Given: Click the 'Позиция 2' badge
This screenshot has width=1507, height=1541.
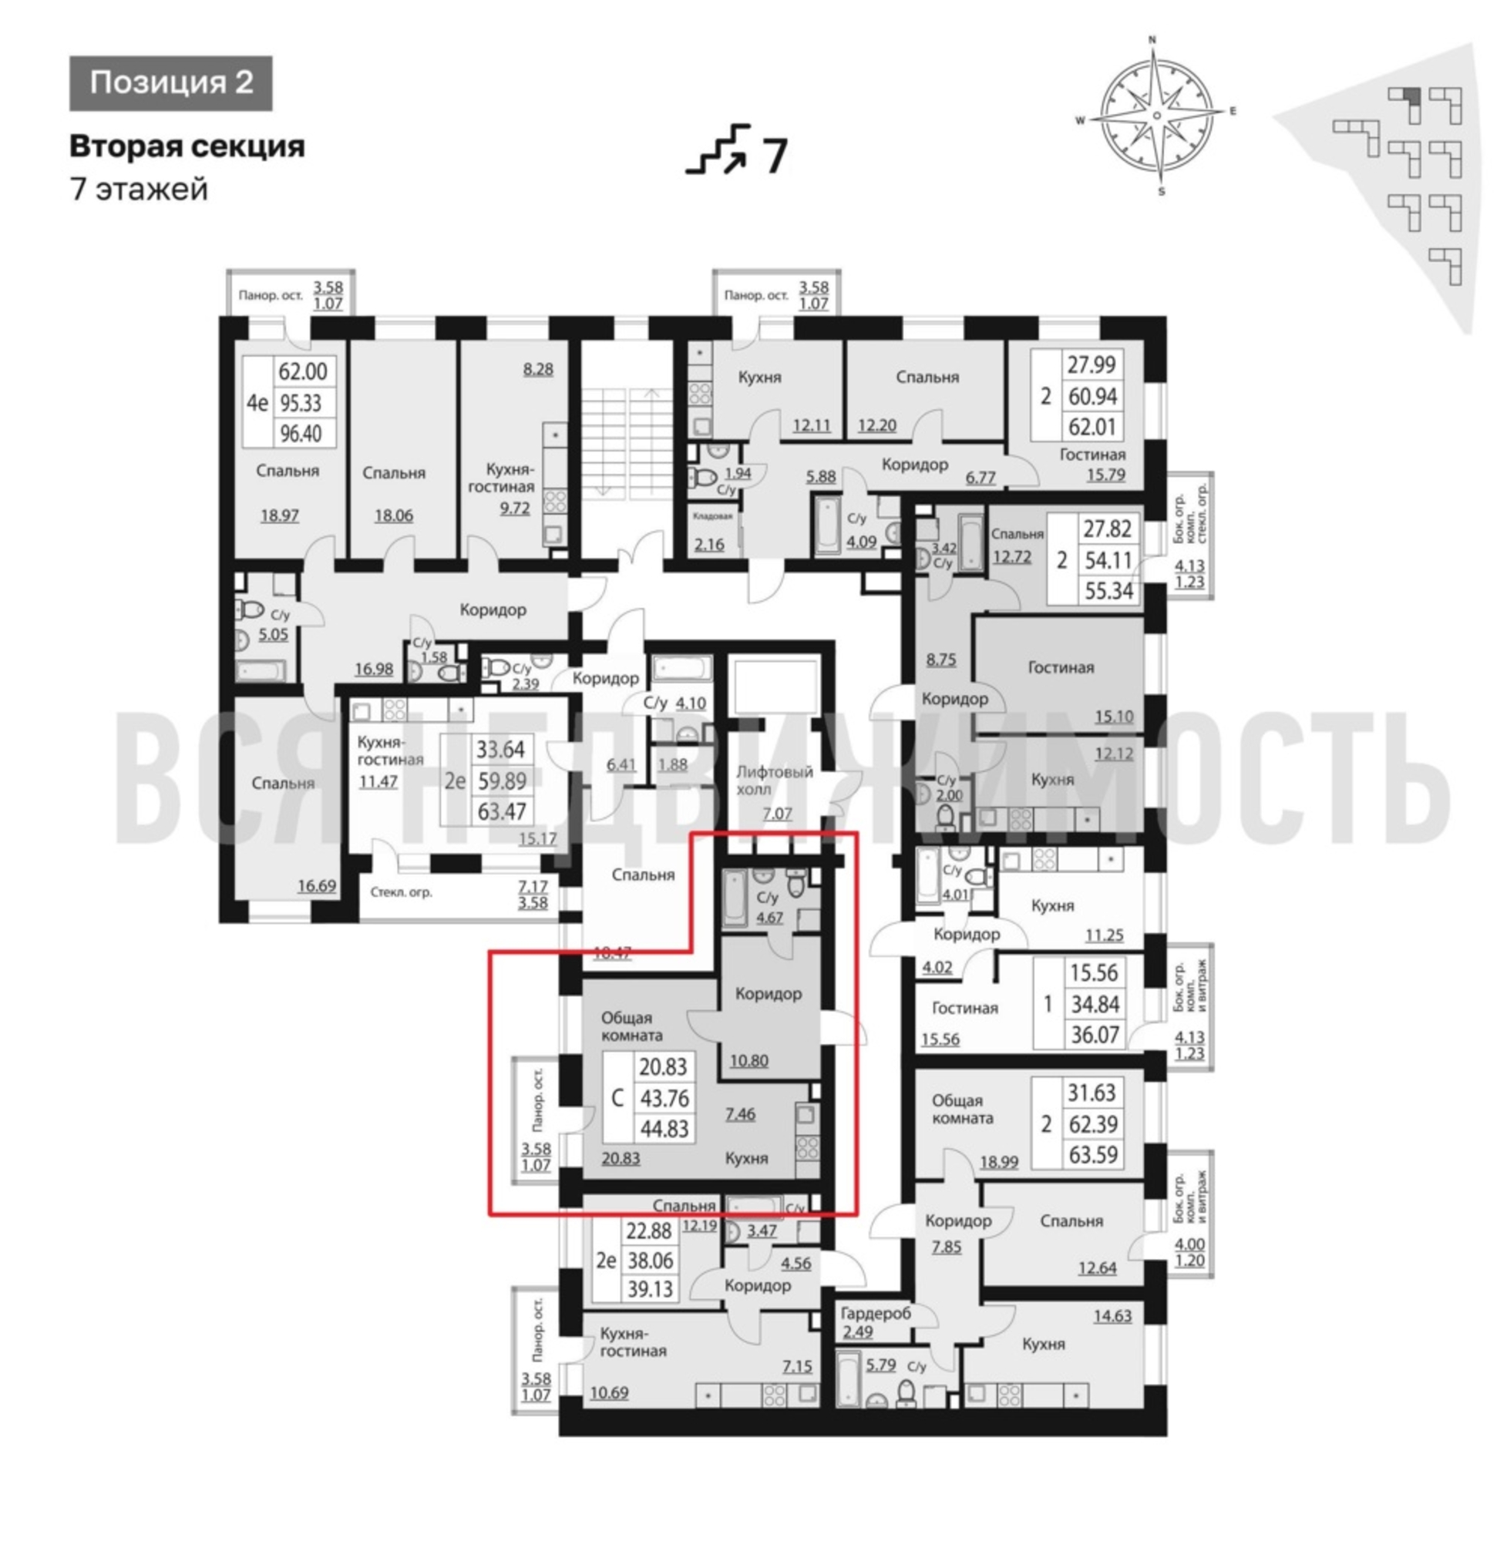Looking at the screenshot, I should pyautogui.click(x=171, y=83).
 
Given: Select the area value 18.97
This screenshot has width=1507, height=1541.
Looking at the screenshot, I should pyautogui.click(x=280, y=515).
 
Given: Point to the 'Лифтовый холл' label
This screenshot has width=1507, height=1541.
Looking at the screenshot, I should pyautogui.click(x=774, y=780).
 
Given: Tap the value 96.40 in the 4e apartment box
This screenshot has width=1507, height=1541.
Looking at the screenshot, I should pyautogui.click(x=302, y=434).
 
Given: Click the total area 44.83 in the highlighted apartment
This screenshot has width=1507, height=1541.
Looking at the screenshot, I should pyautogui.click(x=664, y=1129).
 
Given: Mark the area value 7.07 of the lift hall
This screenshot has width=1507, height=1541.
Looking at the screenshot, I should pyautogui.click(x=776, y=813).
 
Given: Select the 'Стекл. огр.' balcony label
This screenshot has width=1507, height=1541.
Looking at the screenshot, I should pyautogui.click(x=402, y=892).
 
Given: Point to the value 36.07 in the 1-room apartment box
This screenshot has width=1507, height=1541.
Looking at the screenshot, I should pyautogui.click(x=1095, y=1035).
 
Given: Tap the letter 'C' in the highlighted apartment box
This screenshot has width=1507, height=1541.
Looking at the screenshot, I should pyautogui.click(x=618, y=1098).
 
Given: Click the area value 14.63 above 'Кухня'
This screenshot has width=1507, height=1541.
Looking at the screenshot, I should pyautogui.click(x=1112, y=1316).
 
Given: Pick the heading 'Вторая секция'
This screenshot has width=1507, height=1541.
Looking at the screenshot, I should pyautogui.click(x=187, y=146).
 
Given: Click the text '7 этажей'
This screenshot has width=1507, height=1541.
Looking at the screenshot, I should pyautogui.click(x=139, y=190).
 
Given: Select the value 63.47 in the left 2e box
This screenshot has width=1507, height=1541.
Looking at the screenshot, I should pyautogui.click(x=501, y=811).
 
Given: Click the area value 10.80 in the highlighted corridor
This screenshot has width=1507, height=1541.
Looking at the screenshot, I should pyautogui.click(x=748, y=1061).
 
